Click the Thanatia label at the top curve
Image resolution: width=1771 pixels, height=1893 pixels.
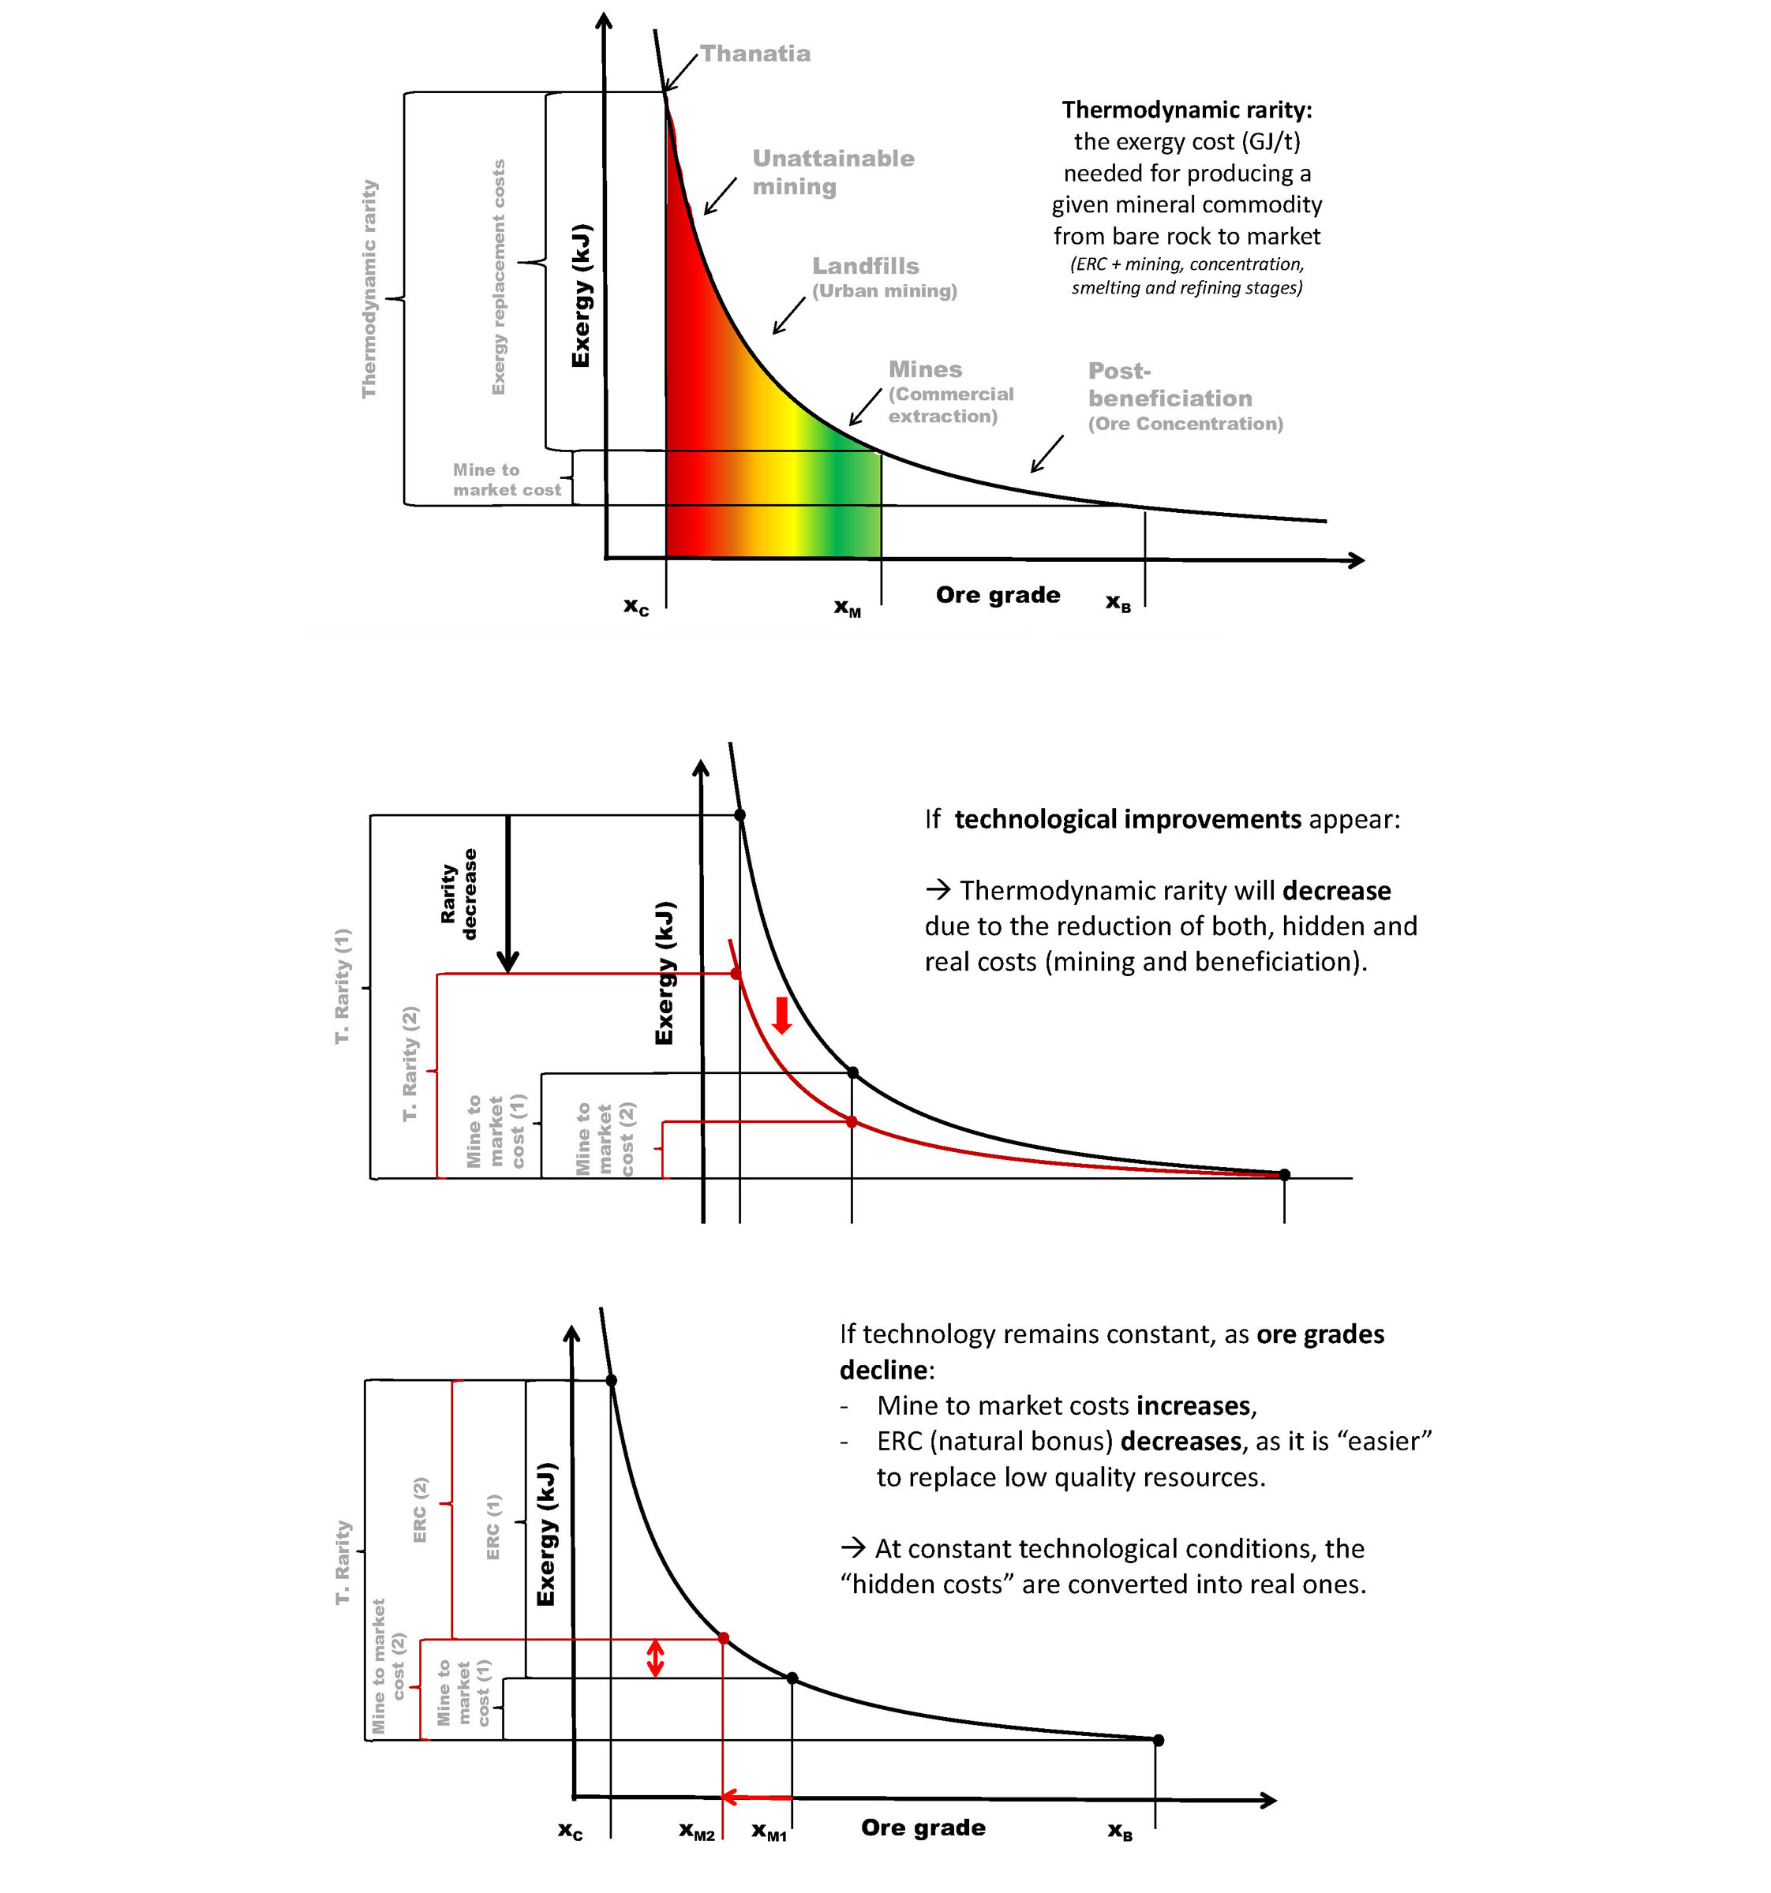[x=755, y=54]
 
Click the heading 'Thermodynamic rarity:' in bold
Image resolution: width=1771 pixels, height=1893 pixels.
[x=1186, y=110]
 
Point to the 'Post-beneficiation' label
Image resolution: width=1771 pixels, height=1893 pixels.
[x=1170, y=385]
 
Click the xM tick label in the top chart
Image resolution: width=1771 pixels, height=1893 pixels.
[x=847, y=608]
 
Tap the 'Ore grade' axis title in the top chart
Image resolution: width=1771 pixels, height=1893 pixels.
[x=997, y=595]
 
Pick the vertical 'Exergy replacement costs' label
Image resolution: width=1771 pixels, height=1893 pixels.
[x=498, y=277]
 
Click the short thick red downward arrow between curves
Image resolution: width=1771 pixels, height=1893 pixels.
[x=781, y=1015]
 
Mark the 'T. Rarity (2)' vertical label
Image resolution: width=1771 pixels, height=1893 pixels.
[x=410, y=1063]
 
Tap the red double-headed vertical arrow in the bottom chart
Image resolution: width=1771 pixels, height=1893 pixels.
[x=654, y=1658]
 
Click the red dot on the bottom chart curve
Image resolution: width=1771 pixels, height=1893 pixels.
[x=723, y=1638]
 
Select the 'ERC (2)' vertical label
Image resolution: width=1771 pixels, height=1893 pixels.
[x=420, y=1510]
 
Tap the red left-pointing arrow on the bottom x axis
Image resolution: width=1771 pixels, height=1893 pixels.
[x=756, y=1797]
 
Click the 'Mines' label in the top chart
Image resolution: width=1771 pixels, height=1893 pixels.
[x=924, y=369]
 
